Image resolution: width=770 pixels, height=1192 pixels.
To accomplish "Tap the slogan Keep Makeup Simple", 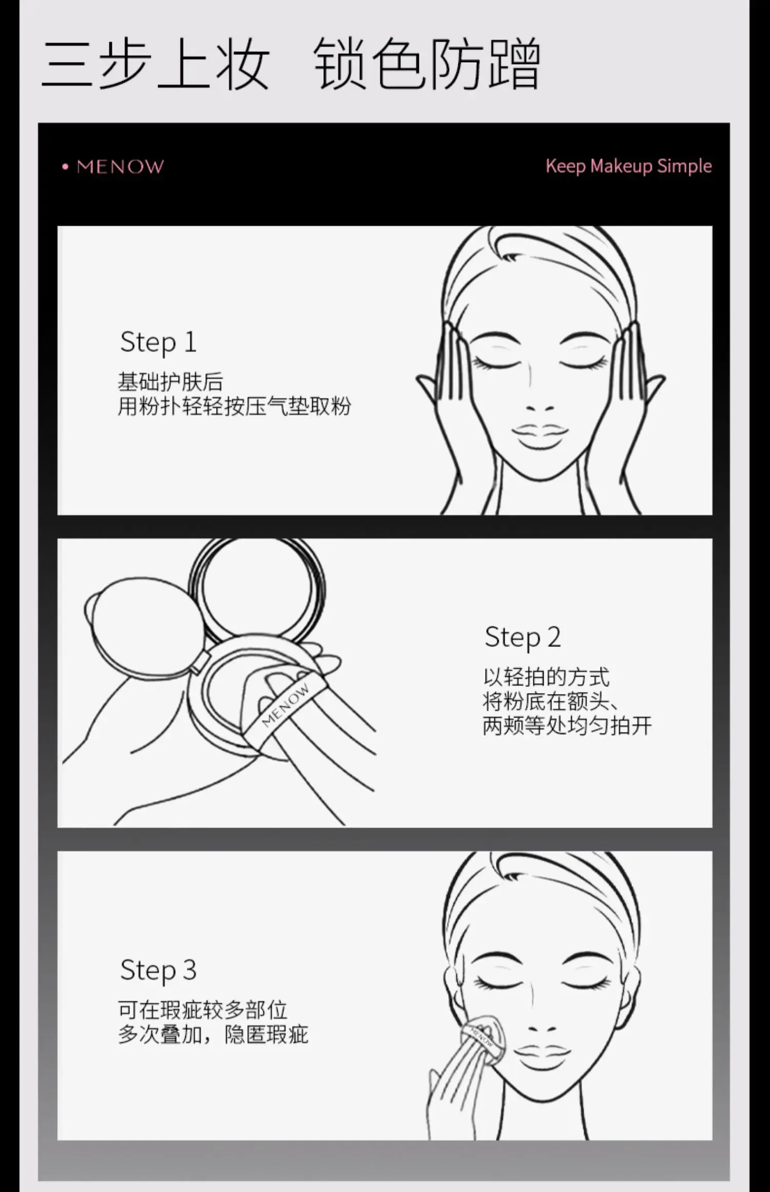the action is pyautogui.click(x=628, y=166).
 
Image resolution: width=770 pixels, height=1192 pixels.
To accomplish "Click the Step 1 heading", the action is pyautogui.click(x=158, y=342).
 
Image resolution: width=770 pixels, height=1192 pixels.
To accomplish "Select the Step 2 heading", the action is pyautogui.click(x=523, y=638).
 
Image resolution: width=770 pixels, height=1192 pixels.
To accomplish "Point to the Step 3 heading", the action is pyautogui.click(x=158, y=971).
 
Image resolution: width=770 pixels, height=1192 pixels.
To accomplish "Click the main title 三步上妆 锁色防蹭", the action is pyautogui.click(x=291, y=63).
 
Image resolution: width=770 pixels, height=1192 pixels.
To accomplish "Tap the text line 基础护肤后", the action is pyautogui.click(x=170, y=382).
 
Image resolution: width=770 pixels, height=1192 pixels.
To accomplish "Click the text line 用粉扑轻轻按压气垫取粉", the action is pyautogui.click(x=235, y=406).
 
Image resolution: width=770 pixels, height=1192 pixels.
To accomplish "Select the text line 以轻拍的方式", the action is pyautogui.click(x=546, y=677).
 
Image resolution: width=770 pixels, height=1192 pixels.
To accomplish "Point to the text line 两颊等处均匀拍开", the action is pyautogui.click(x=567, y=725).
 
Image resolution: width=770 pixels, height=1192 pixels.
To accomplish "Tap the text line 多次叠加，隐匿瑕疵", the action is pyautogui.click(x=213, y=1034).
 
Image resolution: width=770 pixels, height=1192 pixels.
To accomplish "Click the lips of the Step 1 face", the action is pyautogui.click(x=540, y=436).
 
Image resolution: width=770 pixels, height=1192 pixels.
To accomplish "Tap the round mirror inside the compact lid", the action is pyautogui.click(x=258, y=588).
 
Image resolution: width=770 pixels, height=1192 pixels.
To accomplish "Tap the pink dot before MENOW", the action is pyautogui.click(x=65, y=167).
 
